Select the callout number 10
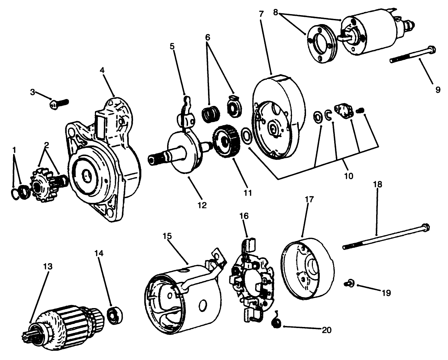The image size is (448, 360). click(x=348, y=176)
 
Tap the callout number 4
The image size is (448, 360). click(x=102, y=70)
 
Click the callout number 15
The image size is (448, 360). click(x=167, y=237)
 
